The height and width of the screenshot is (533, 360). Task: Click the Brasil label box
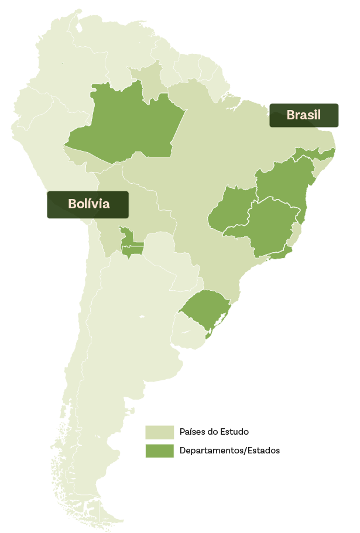(x=304, y=115)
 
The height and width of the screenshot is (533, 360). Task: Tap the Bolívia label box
(x=88, y=204)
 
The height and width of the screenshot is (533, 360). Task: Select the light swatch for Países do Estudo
(x=159, y=432)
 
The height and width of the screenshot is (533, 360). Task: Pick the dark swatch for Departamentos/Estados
(x=159, y=451)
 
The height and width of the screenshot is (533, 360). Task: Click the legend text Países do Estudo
(x=214, y=432)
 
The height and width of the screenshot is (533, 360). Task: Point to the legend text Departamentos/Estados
(x=229, y=451)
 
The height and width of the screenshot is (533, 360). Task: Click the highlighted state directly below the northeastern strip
(x=281, y=181)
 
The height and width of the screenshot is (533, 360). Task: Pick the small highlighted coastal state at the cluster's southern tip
(x=280, y=253)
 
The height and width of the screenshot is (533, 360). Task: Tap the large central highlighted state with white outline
(x=272, y=225)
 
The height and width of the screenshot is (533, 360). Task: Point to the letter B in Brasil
(x=290, y=115)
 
